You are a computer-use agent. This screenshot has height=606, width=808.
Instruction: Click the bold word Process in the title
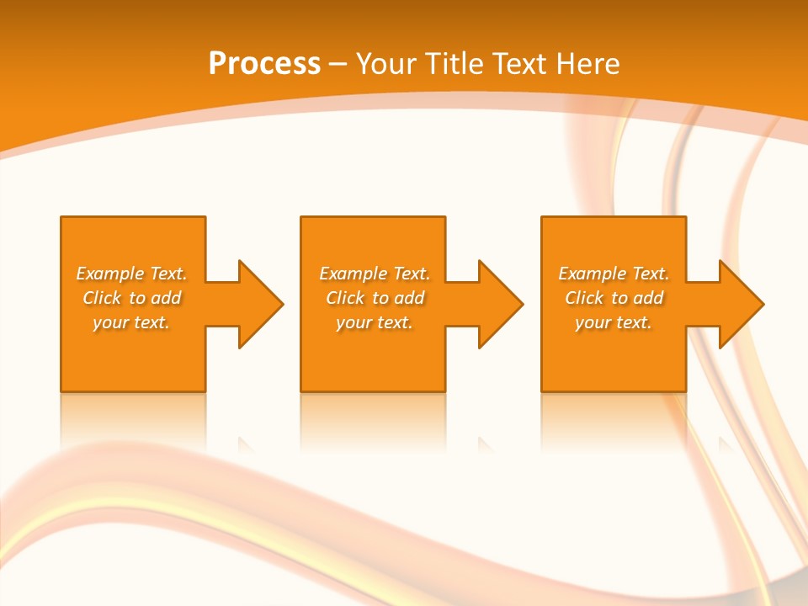(x=264, y=64)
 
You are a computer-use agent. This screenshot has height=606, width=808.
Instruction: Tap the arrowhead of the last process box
(x=740, y=304)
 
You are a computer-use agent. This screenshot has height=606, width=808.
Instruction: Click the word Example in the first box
(x=110, y=274)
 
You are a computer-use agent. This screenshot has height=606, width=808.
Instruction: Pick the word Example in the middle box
(x=353, y=274)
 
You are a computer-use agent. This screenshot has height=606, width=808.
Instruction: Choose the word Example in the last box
(x=593, y=274)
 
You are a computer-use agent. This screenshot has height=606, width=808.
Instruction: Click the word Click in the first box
(x=101, y=298)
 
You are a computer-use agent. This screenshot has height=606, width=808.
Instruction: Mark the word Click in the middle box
(x=344, y=298)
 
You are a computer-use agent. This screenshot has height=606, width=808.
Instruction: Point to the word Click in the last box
(x=583, y=298)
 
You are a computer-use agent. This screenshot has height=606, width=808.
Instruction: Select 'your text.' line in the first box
(x=131, y=322)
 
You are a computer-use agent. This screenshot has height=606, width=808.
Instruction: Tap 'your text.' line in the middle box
(x=375, y=322)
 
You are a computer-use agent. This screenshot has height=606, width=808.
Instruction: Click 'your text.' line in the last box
(x=614, y=322)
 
